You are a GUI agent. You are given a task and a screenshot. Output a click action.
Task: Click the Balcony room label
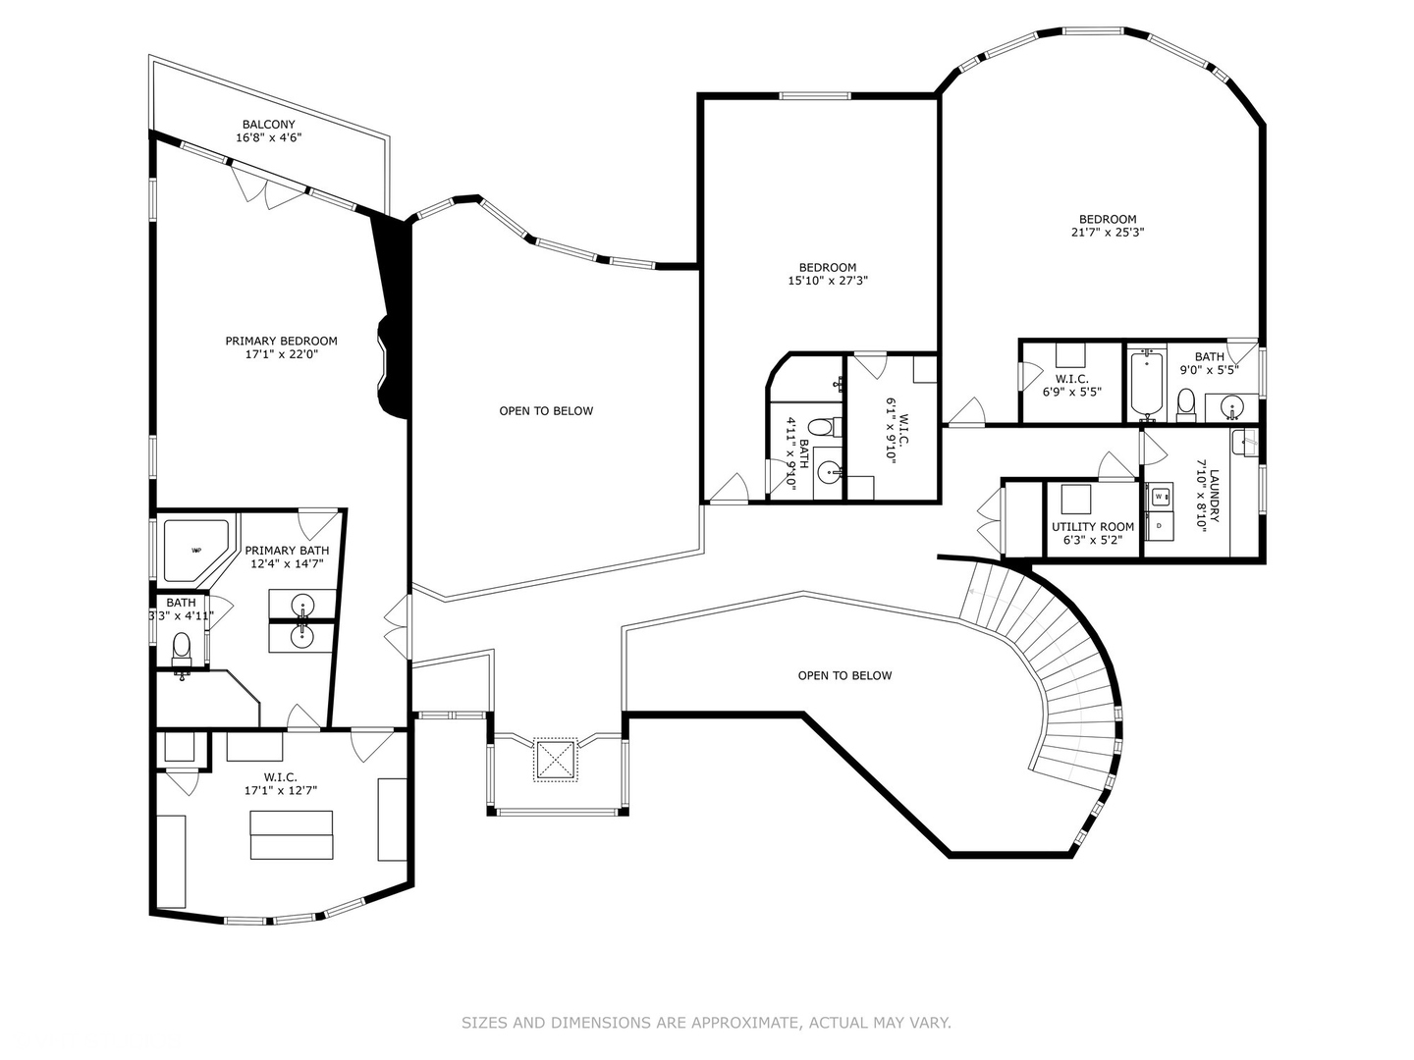[269, 125]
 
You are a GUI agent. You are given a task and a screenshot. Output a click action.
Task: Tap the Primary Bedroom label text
[281, 342]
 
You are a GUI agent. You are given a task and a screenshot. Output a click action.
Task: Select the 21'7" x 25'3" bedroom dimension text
[1108, 233]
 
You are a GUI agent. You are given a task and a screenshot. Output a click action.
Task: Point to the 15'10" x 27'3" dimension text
[828, 281]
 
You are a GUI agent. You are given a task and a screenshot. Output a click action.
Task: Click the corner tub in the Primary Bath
[194, 550]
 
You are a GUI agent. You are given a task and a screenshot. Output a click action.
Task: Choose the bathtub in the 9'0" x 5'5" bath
[1147, 384]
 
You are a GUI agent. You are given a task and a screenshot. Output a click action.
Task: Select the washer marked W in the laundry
[1160, 497]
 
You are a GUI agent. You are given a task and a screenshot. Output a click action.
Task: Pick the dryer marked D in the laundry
[1160, 526]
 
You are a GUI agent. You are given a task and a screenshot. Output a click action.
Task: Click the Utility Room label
[1093, 526]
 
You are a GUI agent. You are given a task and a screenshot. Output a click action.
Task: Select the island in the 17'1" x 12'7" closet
[292, 834]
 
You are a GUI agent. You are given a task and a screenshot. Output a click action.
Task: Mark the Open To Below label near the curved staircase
[844, 675]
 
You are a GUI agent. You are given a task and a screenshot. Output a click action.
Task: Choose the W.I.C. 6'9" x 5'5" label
[1072, 386]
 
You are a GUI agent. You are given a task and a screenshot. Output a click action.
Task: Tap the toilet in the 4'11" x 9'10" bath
[826, 427]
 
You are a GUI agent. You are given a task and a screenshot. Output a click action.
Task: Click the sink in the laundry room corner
[1243, 442]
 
